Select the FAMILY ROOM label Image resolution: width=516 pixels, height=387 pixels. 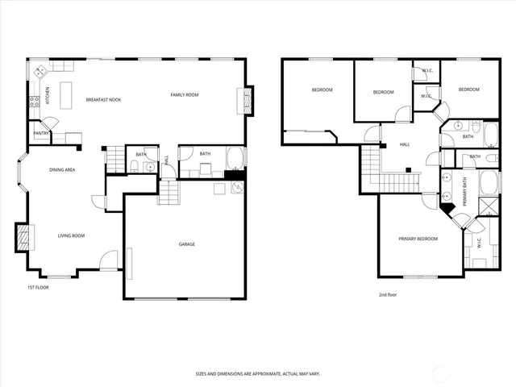pyautogui.click(x=184, y=95)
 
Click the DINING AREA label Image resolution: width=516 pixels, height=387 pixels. pyautogui.click(x=62, y=170)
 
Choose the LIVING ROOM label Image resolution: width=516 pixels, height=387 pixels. pyautogui.click(x=71, y=235)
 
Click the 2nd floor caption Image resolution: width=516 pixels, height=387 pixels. pyautogui.click(x=388, y=294)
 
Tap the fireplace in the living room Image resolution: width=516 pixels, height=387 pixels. pyautogui.click(x=23, y=235)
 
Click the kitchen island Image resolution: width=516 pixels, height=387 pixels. pyautogui.click(x=66, y=90)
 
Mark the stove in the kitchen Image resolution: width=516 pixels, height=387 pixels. pyautogui.click(x=34, y=102)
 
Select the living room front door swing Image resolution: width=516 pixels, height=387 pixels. pyautogui.click(x=108, y=260)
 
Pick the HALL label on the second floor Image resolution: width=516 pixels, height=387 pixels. pyautogui.click(x=405, y=145)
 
